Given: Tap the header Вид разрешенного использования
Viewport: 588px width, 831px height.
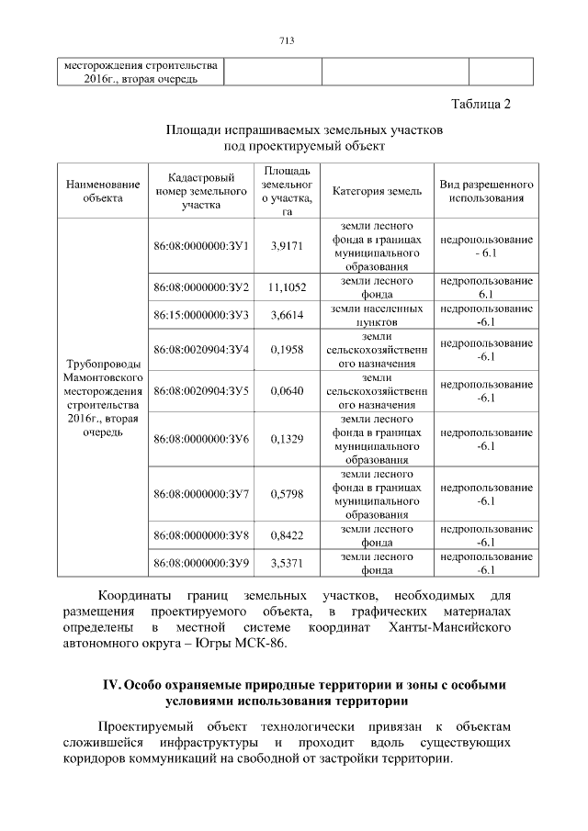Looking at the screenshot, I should point(487,191).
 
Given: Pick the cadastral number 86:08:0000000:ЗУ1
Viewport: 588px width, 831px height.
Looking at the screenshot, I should point(202,246).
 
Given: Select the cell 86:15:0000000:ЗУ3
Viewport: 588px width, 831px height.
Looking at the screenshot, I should point(202,315).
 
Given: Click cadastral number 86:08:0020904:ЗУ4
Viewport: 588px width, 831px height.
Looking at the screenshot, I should point(202,350).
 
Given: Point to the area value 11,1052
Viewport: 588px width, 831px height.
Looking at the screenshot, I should point(287,287).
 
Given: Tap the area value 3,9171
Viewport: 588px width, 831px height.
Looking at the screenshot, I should point(287,246).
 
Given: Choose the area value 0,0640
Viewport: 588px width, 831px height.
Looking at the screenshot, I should point(287,391).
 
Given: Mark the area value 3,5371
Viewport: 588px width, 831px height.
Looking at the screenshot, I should point(287,562).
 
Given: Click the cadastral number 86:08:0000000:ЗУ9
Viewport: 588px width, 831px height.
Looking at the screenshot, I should point(202,562).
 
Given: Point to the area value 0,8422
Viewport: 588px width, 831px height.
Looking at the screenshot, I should point(287,534).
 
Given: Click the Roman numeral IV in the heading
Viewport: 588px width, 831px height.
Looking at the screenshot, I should point(110,686).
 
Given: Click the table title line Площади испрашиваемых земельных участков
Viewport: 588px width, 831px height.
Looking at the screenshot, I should point(304,130).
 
